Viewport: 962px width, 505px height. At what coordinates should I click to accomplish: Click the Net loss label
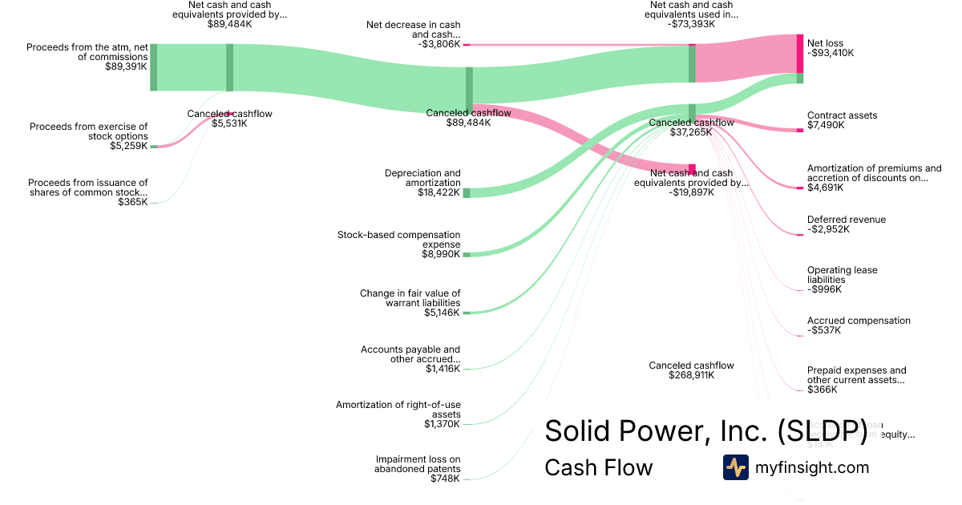(x=825, y=43)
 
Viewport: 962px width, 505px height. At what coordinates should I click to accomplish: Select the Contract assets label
(x=842, y=115)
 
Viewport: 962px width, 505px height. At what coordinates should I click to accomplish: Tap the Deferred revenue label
(x=846, y=220)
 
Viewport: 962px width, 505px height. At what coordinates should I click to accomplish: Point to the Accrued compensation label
(x=859, y=321)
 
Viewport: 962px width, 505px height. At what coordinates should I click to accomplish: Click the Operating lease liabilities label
(x=842, y=275)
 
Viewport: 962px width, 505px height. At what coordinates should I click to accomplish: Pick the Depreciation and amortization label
(x=422, y=178)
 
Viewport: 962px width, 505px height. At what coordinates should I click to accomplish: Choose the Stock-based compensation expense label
(x=399, y=240)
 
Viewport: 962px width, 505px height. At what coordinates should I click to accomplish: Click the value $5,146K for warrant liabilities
(x=443, y=313)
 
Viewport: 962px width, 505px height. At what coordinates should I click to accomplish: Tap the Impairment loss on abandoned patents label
(x=417, y=464)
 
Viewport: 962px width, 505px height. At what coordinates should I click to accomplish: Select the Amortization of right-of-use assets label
(x=398, y=409)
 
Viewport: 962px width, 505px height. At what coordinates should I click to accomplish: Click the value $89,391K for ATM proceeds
(x=126, y=67)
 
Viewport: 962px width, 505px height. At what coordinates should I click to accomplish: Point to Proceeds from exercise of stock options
(x=89, y=131)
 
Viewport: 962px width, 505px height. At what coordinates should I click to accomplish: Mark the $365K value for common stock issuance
(x=132, y=202)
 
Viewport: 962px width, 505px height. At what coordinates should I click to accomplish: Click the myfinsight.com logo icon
(x=735, y=467)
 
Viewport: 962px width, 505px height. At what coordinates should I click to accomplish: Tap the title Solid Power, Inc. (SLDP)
(x=705, y=431)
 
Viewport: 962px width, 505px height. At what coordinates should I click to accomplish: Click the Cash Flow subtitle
(x=598, y=467)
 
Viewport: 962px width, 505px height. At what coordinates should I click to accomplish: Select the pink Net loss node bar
(x=799, y=54)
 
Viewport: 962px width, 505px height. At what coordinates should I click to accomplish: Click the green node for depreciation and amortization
(x=467, y=192)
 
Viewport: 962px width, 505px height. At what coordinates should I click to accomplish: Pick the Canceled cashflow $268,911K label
(x=691, y=370)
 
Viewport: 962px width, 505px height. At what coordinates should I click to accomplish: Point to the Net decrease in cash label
(x=414, y=30)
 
